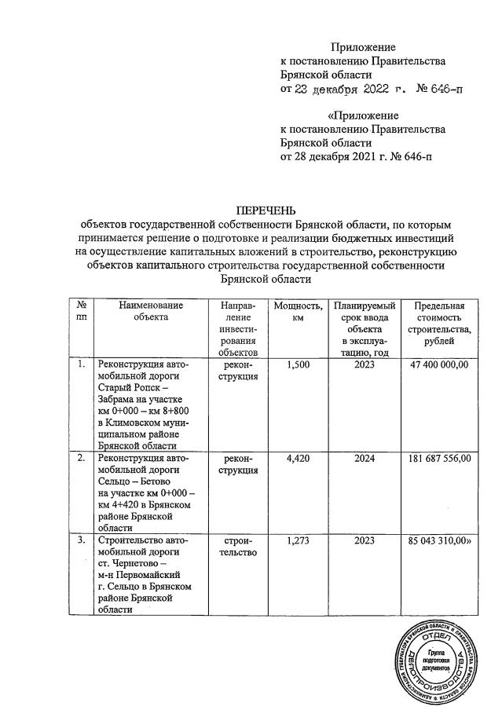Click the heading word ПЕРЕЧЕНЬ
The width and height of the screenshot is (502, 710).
click(266, 210)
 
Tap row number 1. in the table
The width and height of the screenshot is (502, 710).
click(81, 365)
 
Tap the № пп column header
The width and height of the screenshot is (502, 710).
click(81, 312)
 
